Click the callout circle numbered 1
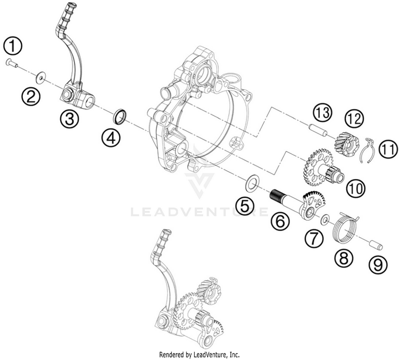13,47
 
